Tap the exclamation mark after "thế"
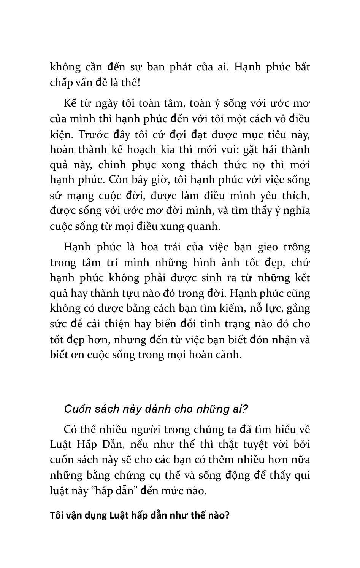coord(139,83)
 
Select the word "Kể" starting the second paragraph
coord(70,103)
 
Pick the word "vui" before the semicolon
coord(228,150)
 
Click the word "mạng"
coord(78,196)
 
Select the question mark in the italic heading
coord(245,409)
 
